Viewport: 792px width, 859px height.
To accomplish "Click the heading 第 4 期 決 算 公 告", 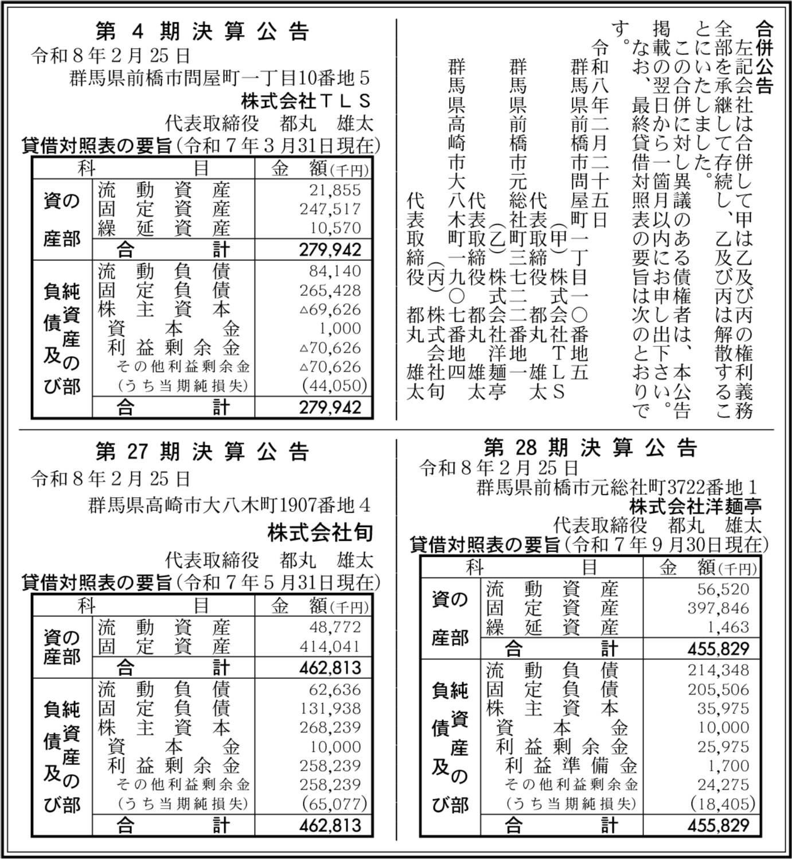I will (x=202, y=32).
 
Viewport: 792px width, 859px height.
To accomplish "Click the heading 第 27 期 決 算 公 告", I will (x=202, y=452).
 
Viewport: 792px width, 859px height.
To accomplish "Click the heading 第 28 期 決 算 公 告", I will (x=591, y=447).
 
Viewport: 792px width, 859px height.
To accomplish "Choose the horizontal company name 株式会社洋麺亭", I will (x=695, y=506).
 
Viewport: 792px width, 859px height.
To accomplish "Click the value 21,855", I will (x=335, y=190).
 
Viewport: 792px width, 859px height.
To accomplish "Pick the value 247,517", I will (x=330, y=209).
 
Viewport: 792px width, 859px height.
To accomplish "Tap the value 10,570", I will (x=335, y=228).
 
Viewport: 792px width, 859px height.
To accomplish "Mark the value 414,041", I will (x=330, y=647).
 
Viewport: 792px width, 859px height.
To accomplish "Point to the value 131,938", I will (x=330, y=709).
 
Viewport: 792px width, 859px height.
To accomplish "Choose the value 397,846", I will (x=719, y=608).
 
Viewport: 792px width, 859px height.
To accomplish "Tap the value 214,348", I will (x=719, y=670).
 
